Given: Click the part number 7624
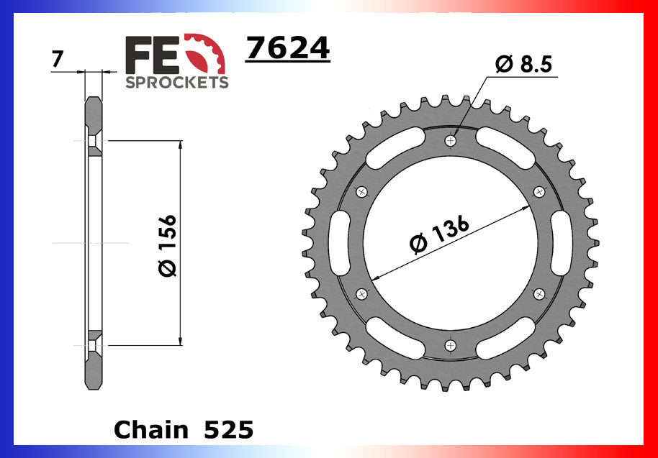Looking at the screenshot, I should (287, 49).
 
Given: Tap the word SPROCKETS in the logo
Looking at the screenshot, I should (177, 82).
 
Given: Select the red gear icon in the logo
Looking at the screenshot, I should (209, 53).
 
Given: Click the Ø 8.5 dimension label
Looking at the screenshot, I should (523, 65).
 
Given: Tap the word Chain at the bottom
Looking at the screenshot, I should (148, 429).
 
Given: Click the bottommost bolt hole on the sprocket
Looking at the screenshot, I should (451, 346).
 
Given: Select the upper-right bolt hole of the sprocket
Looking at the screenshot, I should (539, 191).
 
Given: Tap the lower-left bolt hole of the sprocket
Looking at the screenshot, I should (361, 293).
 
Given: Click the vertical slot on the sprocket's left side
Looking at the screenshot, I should (338, 243).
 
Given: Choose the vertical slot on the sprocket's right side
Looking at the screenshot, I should (563, 243).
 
